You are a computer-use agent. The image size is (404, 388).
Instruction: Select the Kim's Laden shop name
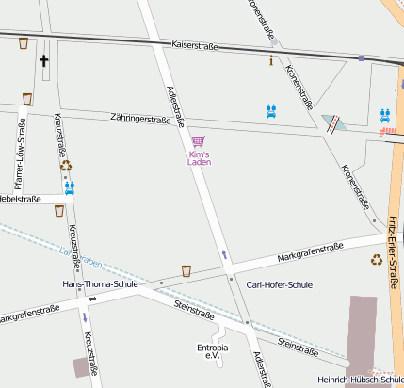(x=200, y=158)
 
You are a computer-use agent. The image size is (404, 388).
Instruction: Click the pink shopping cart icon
(x=198, y=141)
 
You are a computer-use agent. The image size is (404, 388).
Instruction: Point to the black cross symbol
(x=43, y=60)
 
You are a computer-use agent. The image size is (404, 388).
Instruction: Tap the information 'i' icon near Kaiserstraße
(x=271, y=60)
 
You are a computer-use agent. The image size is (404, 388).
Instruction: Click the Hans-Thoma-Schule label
(x=99, y=283)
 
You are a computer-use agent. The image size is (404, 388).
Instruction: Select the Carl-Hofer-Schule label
(x=279, y=284)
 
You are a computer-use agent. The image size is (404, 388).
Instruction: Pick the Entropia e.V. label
(x=212, y=351)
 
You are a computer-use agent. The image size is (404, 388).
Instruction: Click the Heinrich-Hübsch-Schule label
(x=361, y=379)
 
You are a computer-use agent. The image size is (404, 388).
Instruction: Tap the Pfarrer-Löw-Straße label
(x=20, y=159)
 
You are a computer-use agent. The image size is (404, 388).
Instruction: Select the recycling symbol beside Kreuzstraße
(x=66, y=166)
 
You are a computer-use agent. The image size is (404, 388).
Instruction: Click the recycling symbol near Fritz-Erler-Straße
(x=377, y=259)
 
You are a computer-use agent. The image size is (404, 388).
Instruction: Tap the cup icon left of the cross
(x=23, y=43)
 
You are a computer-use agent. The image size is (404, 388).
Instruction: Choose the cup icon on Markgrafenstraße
(x=186, y=270)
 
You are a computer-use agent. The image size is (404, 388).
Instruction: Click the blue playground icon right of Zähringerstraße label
(x=271, y=110)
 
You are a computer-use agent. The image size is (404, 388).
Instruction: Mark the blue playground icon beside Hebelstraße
(x=69, y=186)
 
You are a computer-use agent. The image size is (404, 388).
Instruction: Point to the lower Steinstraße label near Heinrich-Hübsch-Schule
(x=299, y=348)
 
